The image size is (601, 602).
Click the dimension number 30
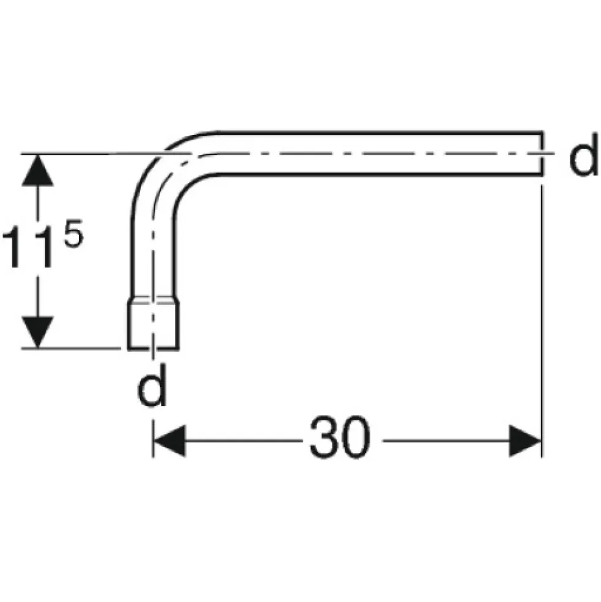coord(340,437)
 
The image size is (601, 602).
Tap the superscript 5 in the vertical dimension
coord(74,233)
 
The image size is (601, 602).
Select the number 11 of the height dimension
coord(28,246)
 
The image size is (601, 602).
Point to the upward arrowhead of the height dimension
coord(37,170)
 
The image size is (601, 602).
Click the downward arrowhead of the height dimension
coord(37,332)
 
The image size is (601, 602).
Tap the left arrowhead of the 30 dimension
coord(169,441)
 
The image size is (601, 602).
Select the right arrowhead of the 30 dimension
coord(525,441)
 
